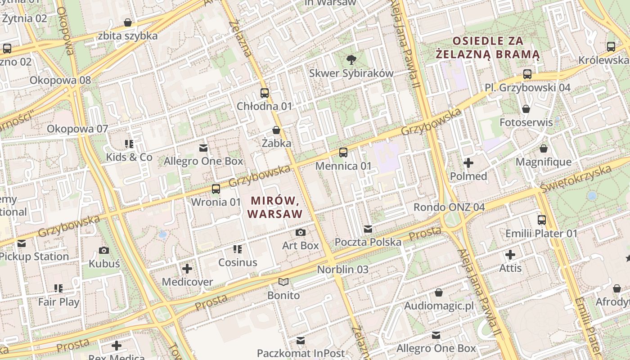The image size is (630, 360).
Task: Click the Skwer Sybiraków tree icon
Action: coord(351,59)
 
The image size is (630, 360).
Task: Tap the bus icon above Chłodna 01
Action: coord(265,93)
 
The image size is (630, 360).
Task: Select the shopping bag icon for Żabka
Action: coord(276,130)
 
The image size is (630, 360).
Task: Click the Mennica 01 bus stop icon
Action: coord(343,153)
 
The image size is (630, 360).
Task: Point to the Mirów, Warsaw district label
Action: coord(274,207)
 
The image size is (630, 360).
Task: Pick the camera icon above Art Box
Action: coord(301,232)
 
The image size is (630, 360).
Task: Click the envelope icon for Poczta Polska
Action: coord(368,229)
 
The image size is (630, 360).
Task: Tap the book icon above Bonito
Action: coord(283,282)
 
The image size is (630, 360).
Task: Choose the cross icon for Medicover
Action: coord(187,269)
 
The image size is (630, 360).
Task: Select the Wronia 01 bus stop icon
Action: coord(216,189)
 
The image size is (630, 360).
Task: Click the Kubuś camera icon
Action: coord(104,251)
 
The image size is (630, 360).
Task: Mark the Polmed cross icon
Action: coord(468,163)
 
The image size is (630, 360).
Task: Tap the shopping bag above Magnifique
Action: coord(544,148)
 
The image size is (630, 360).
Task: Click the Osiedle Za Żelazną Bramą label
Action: coord(488,48)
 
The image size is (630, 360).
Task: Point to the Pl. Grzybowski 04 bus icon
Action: coord(527,74)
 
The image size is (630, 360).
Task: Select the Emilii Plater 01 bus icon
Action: coord(542,220)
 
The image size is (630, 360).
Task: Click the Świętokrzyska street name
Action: coord(576,178)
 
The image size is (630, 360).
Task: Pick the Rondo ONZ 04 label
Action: coord(449,207)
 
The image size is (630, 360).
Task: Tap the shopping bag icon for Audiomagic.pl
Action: coord(439,293)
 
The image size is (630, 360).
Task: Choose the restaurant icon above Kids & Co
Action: coord(129,144)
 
